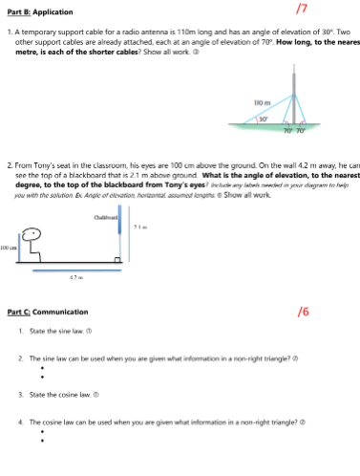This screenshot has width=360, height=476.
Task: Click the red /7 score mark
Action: click(302, 9)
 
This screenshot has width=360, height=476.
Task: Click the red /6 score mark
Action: click(303, 312)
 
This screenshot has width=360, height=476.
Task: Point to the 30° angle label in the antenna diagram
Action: click(261, 119)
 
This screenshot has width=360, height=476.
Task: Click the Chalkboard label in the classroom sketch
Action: click(105, 219)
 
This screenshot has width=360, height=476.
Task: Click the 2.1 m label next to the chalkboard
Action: click(139, 227)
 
